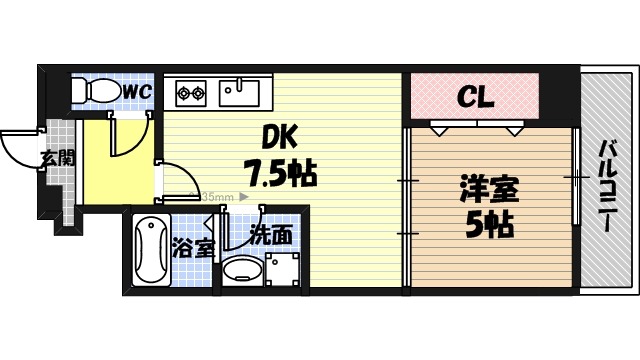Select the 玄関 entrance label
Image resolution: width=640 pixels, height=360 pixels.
pos(57,156)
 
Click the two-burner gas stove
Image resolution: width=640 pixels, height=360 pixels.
pos(191,95)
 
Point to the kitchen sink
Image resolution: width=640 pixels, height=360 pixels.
pos(239,93)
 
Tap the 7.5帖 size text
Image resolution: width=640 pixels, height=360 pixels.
pos(281,175)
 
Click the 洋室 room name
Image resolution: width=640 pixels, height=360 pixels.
pos(489,187)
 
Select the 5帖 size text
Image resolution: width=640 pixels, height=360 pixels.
pos(489,224)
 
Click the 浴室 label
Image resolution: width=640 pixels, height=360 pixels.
pos(193,247)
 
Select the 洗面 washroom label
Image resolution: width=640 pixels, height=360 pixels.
pos(271,236)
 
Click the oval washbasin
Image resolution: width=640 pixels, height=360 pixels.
pos(241,270)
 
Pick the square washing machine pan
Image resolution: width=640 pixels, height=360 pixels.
pos(283,268)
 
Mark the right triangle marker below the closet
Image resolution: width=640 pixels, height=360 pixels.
pos(514,130)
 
